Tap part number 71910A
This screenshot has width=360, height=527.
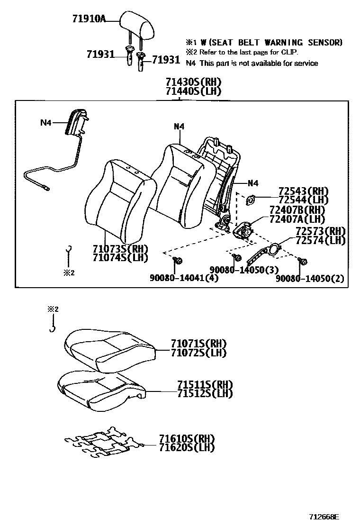pos(89,19)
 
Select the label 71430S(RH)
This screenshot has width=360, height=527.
pos(193,82)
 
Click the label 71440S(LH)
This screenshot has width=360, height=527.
pos(193,91)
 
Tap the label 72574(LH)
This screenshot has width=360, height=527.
pos(320,240)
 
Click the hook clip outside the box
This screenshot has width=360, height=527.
pos(53,327)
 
